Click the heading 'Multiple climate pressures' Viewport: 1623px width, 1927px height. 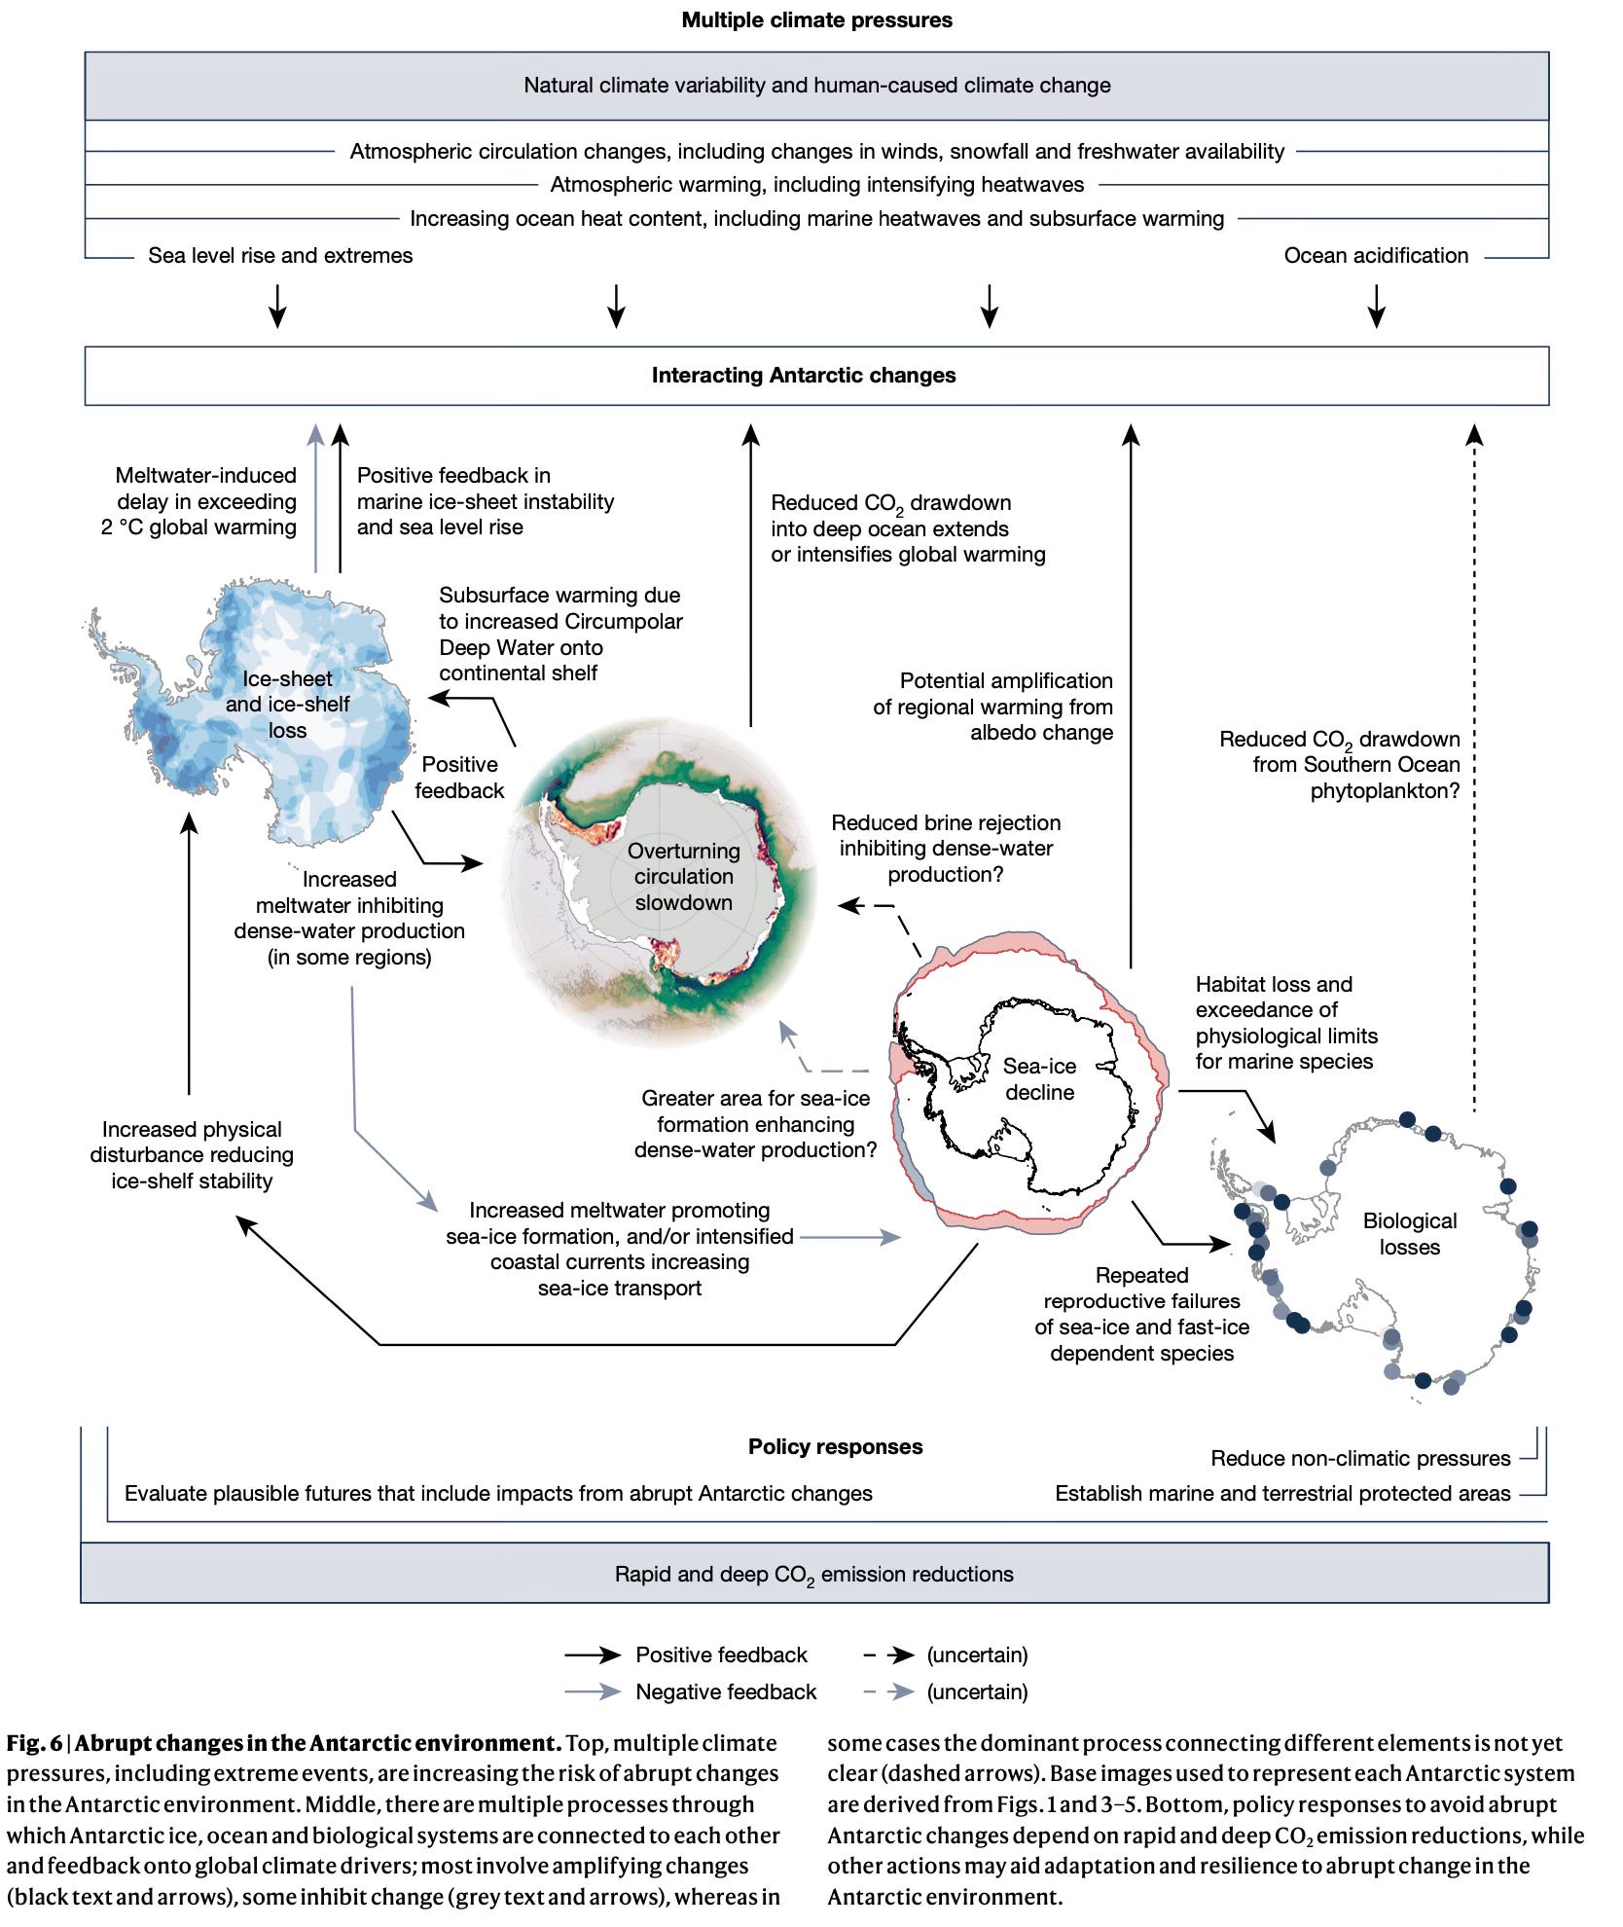pos(816,20)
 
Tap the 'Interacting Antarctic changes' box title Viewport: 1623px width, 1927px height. pos(804,376)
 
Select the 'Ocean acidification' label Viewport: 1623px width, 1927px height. pos(1376,256)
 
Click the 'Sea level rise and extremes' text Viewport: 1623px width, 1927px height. pos(280,256)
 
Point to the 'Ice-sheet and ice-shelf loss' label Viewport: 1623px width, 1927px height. pos(287,705)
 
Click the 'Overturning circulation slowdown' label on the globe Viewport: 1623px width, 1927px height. pos(683,877)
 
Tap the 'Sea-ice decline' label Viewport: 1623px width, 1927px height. pos(1039,1079)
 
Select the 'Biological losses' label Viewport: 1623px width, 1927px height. pos(1409,1234)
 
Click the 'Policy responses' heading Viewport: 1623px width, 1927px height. pos(835,1447)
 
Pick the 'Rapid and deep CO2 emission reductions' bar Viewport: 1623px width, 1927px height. pos(813,1575)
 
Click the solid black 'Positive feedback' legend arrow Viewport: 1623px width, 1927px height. pos(593,1654)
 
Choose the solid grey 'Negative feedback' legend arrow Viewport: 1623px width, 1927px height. pos(593,1691)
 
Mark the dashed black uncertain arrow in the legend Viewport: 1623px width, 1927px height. pos(888,1654)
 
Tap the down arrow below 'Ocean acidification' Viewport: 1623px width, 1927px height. pos(1376,306)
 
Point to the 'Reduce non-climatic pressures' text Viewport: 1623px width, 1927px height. pos(1360,1458)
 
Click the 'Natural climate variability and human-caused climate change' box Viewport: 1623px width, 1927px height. pos(816,86)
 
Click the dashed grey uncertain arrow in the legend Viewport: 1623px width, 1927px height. pos(888,1691)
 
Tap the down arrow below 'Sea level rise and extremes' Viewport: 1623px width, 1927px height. pos(278,306)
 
